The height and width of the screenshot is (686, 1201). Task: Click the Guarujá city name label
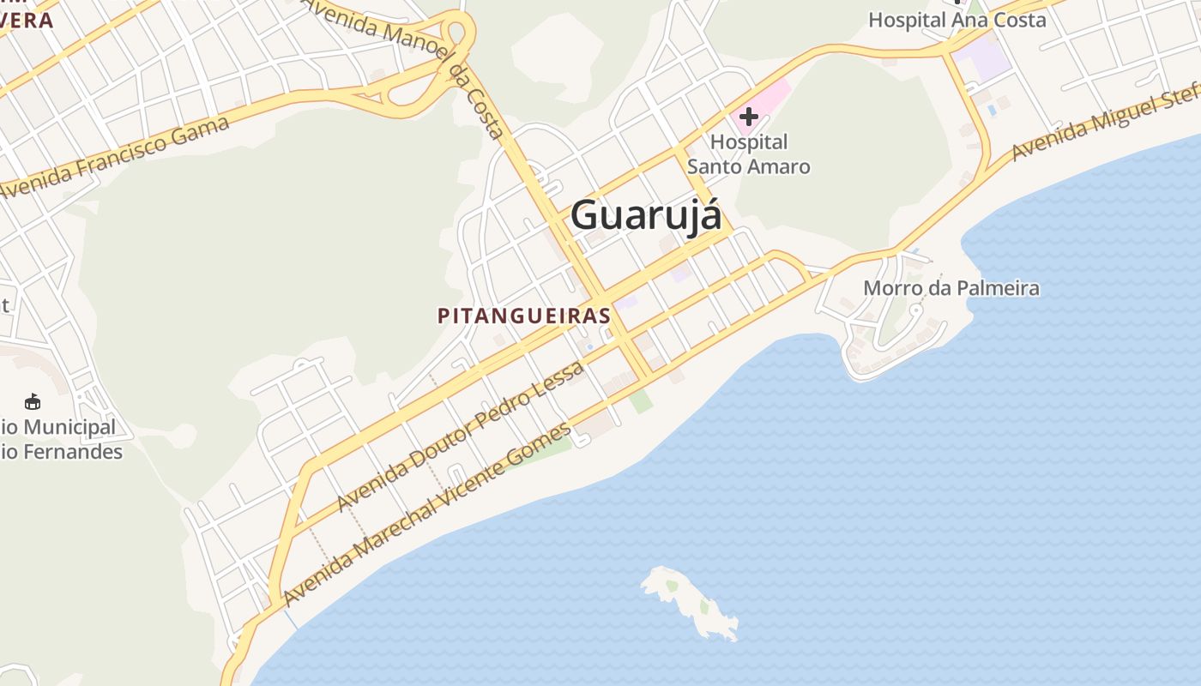click(x=646, y=214)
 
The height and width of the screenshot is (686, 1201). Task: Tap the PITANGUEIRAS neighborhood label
click(x=523, y=316)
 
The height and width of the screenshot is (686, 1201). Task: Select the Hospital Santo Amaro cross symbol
click(x=749, y=116)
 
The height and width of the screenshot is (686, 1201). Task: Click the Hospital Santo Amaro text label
click(x=749, y=154)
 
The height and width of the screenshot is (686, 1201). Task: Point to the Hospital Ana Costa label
click(x=957, y=20)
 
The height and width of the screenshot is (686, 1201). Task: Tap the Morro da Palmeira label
click(x=951, y=288)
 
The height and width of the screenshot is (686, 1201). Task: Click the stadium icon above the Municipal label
click(x=33, y=401)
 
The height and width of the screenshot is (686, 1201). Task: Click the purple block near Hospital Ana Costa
click(x=983, y=60)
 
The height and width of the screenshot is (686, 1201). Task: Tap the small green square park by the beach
click(x=640, y=401)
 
